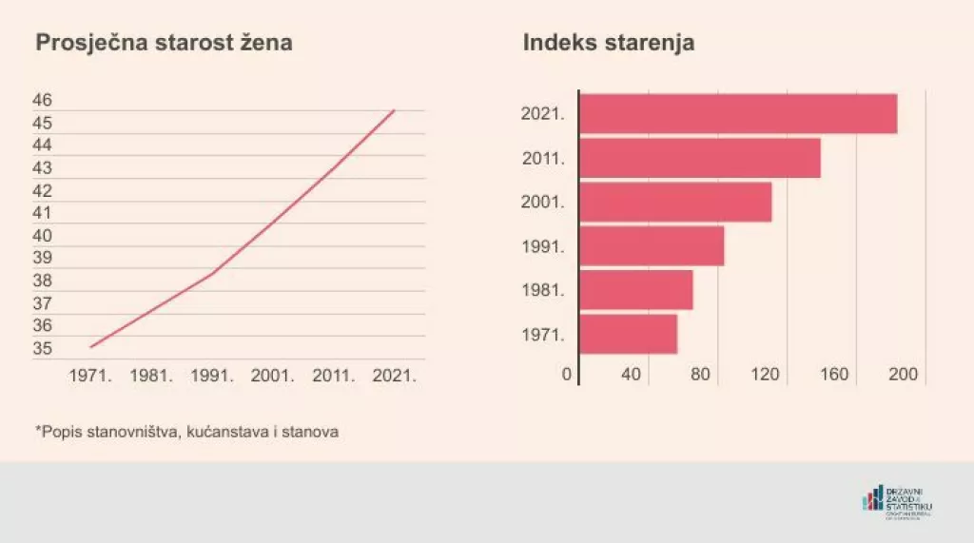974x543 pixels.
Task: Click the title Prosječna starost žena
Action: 164,44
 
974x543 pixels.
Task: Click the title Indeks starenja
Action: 609,44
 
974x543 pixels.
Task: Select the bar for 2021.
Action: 738,113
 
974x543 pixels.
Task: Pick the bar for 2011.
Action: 700,158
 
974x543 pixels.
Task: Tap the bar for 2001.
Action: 675,202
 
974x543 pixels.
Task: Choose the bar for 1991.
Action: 652,245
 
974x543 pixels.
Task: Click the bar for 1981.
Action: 635,290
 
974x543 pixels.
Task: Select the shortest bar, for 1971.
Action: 628,334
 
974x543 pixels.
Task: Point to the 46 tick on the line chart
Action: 43,100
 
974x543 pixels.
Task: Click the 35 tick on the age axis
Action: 43,348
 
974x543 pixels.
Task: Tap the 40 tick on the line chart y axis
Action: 43,235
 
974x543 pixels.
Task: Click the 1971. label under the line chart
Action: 91,375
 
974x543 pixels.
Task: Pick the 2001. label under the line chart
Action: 273,375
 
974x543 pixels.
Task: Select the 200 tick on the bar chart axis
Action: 903,375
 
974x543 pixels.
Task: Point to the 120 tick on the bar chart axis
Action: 766,375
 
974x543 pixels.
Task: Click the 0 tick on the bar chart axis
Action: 567,375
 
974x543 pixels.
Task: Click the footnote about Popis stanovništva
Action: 187,432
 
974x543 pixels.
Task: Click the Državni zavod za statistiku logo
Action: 897,501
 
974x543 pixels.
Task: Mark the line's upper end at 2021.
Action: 394,111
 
